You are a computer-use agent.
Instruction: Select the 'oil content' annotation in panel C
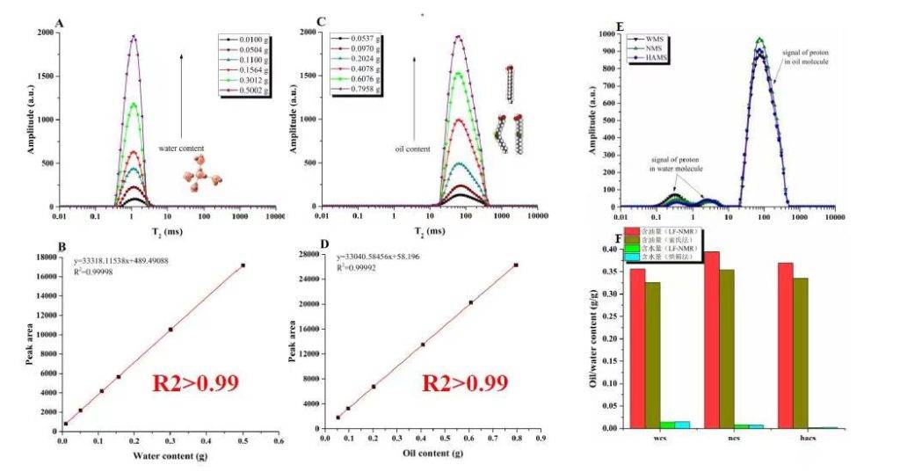click(410, 149)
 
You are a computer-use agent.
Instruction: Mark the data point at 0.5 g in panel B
click(243, 265)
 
